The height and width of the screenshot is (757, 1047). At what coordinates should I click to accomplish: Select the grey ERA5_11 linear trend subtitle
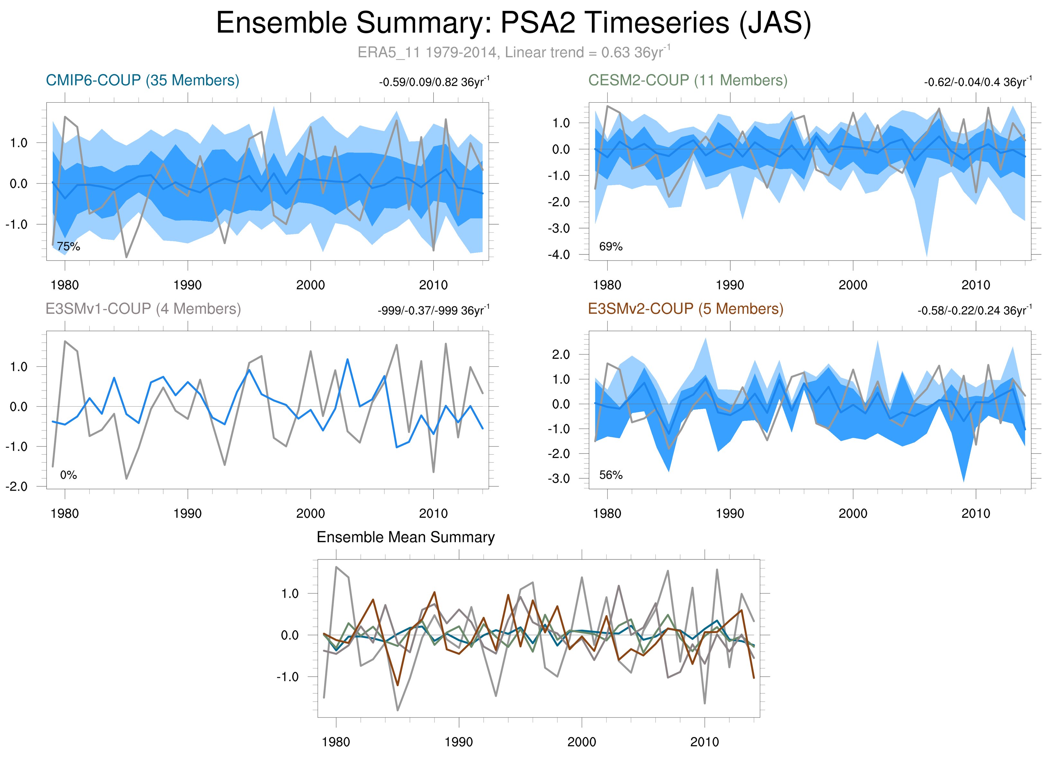(513, 52)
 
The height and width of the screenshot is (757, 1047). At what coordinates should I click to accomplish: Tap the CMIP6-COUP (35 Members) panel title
(142, 80)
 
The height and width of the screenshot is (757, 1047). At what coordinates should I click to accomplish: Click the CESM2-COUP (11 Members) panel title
(687, 80)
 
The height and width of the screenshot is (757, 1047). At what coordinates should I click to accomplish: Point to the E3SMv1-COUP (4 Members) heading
(143, 309)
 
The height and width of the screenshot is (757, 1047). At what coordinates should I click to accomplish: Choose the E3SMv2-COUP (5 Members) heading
(686, 309)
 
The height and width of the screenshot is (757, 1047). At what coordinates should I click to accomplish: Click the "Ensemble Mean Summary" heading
(405, 537)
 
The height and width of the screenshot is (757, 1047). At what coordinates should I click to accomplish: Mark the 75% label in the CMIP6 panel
(68, 247)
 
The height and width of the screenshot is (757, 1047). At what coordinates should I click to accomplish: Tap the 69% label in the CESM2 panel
(611, 247)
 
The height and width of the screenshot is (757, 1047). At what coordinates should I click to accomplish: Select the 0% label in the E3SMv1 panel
(68, 475)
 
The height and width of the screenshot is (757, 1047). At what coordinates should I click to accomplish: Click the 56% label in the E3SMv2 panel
(611, 475)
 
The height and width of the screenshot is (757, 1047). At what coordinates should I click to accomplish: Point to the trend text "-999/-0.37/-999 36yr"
(433, 310)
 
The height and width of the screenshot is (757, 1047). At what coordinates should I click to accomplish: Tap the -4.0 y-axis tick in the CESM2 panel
(559, 255)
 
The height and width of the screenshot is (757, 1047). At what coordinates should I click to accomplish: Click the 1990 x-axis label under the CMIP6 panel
(187, 285)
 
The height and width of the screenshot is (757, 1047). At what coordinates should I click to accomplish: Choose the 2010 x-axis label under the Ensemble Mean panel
(704, 742)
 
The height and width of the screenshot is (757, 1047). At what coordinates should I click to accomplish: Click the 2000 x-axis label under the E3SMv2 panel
(853, 513)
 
